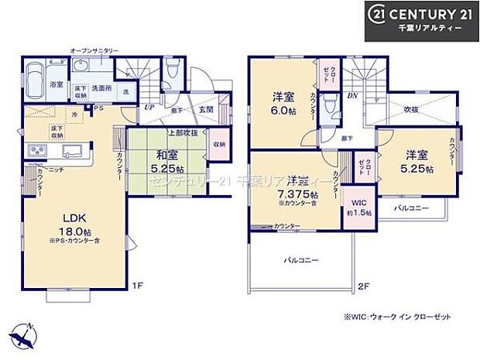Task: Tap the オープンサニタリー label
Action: tap(94, 52)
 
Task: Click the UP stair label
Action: tap(147, 108)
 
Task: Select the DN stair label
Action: tap(352, 95)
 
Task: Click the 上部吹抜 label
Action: tap(182, 132)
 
